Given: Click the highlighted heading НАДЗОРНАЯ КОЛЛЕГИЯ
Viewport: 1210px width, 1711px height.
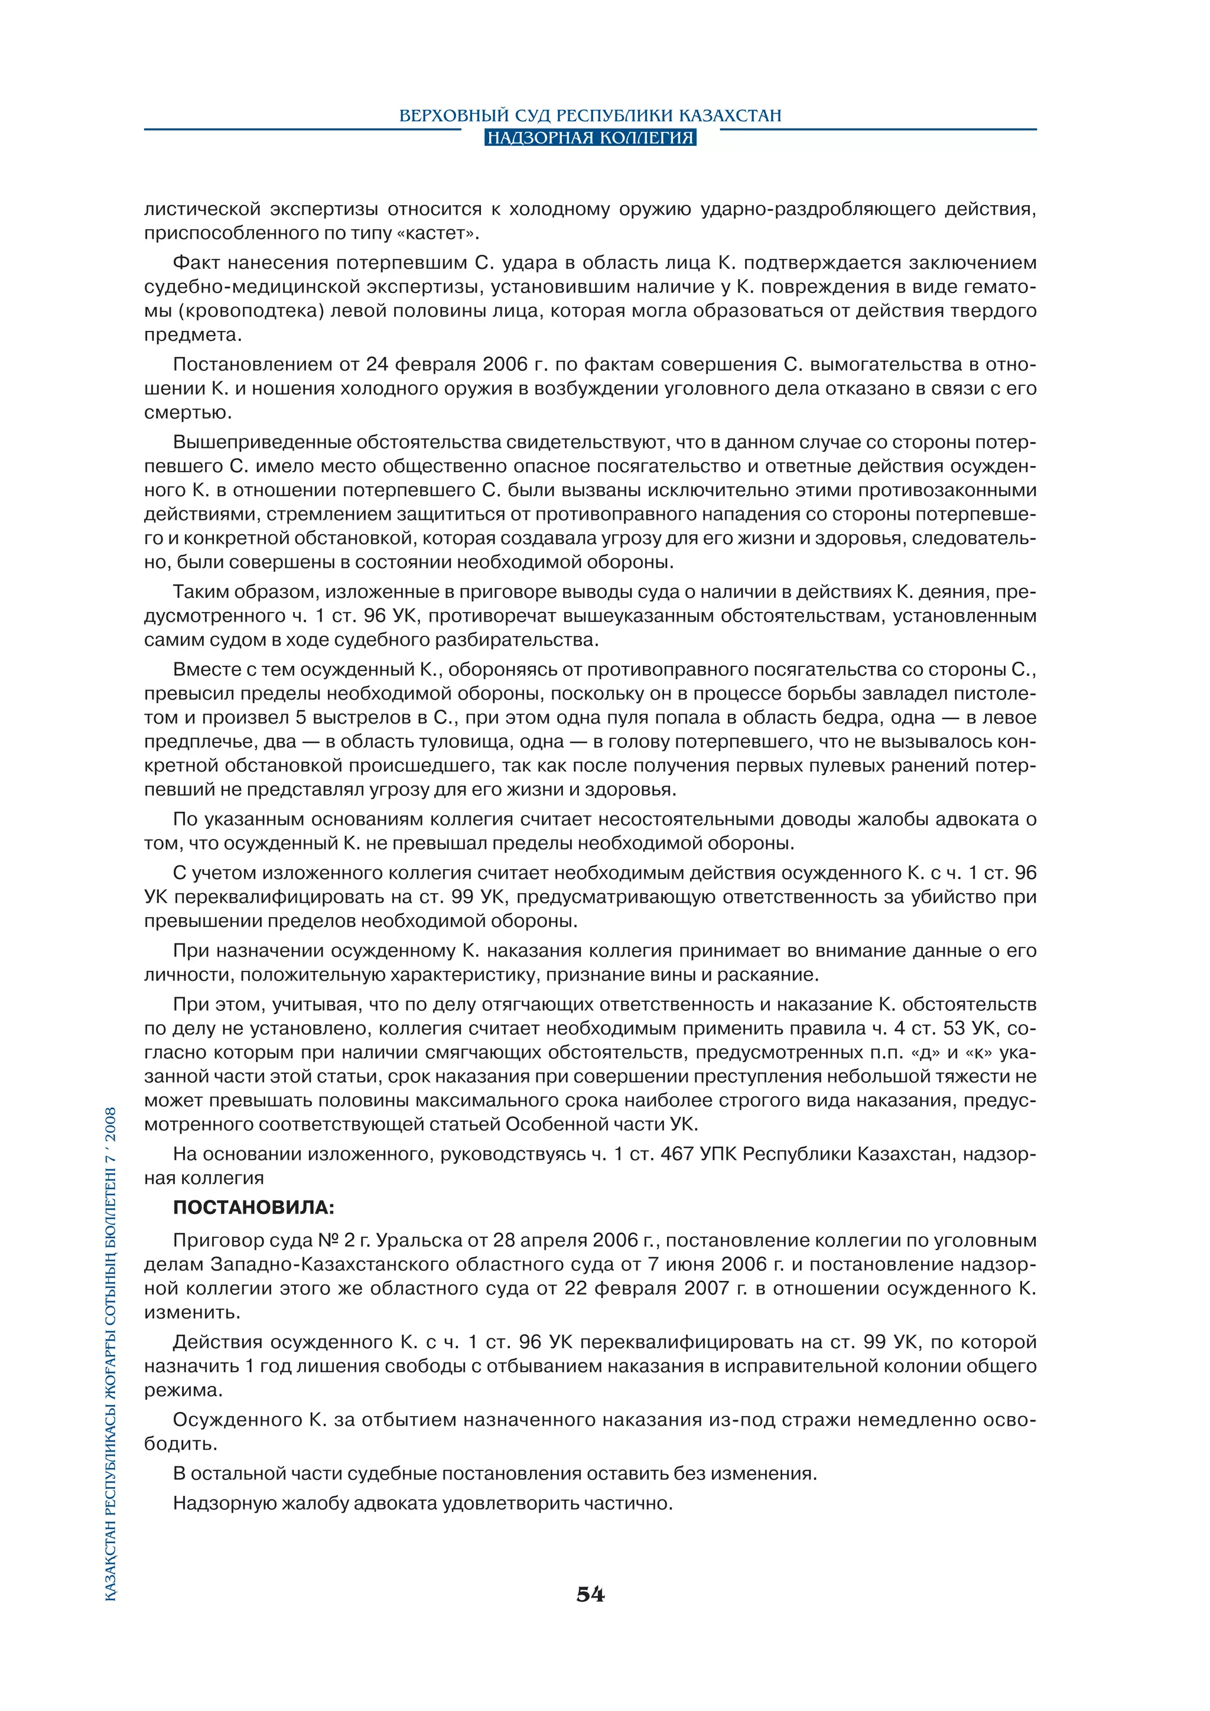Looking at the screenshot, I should (590, 138).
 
